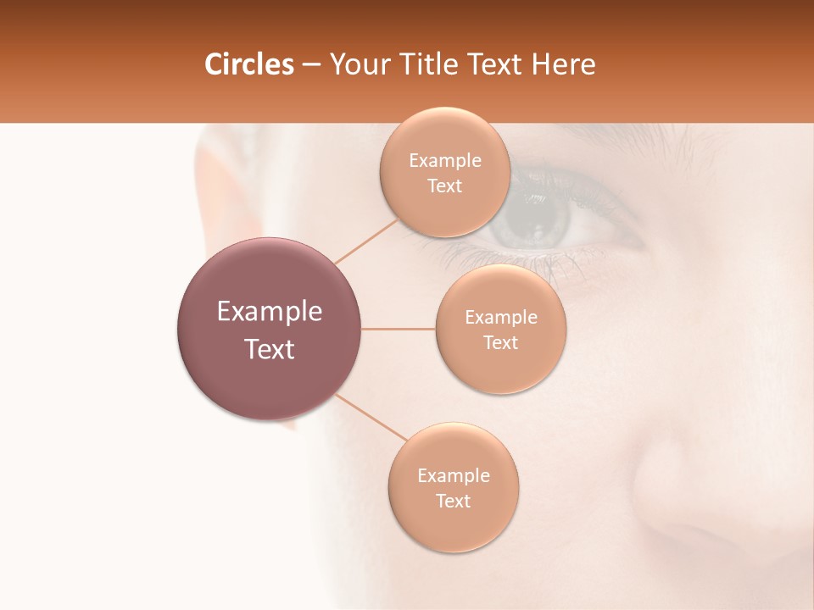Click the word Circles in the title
click(x=249, y=64)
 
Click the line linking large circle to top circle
click(x=366, y=240)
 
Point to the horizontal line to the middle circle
click(x=398, y=329)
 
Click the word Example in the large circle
click(x=270, y=312)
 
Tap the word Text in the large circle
click(x=270, y=349)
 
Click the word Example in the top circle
click(x=444, y=161)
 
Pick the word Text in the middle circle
click(x=500, y=343)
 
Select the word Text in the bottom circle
click(x=453, y=502)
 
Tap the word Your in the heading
click(x=357, y=64)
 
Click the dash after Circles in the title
click(x=310, y=65)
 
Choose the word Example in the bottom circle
click(x=453, y=476)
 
